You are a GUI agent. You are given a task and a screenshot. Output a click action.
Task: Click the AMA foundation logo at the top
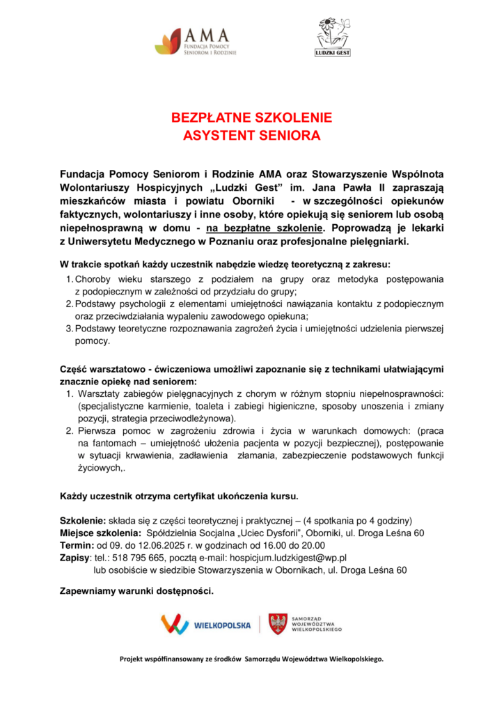[x=196, y=42]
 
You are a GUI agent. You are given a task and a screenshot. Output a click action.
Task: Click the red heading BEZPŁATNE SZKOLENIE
[x=252, y=117]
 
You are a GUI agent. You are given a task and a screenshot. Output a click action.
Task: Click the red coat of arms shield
[x=278, y=623]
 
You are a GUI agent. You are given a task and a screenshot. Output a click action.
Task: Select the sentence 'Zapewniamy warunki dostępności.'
[x=137, y=592]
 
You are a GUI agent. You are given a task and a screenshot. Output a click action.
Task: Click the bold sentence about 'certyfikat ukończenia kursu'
[x=180, y=496]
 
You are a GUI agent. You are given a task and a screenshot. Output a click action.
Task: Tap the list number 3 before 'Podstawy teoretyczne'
[x=69, y=329]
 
